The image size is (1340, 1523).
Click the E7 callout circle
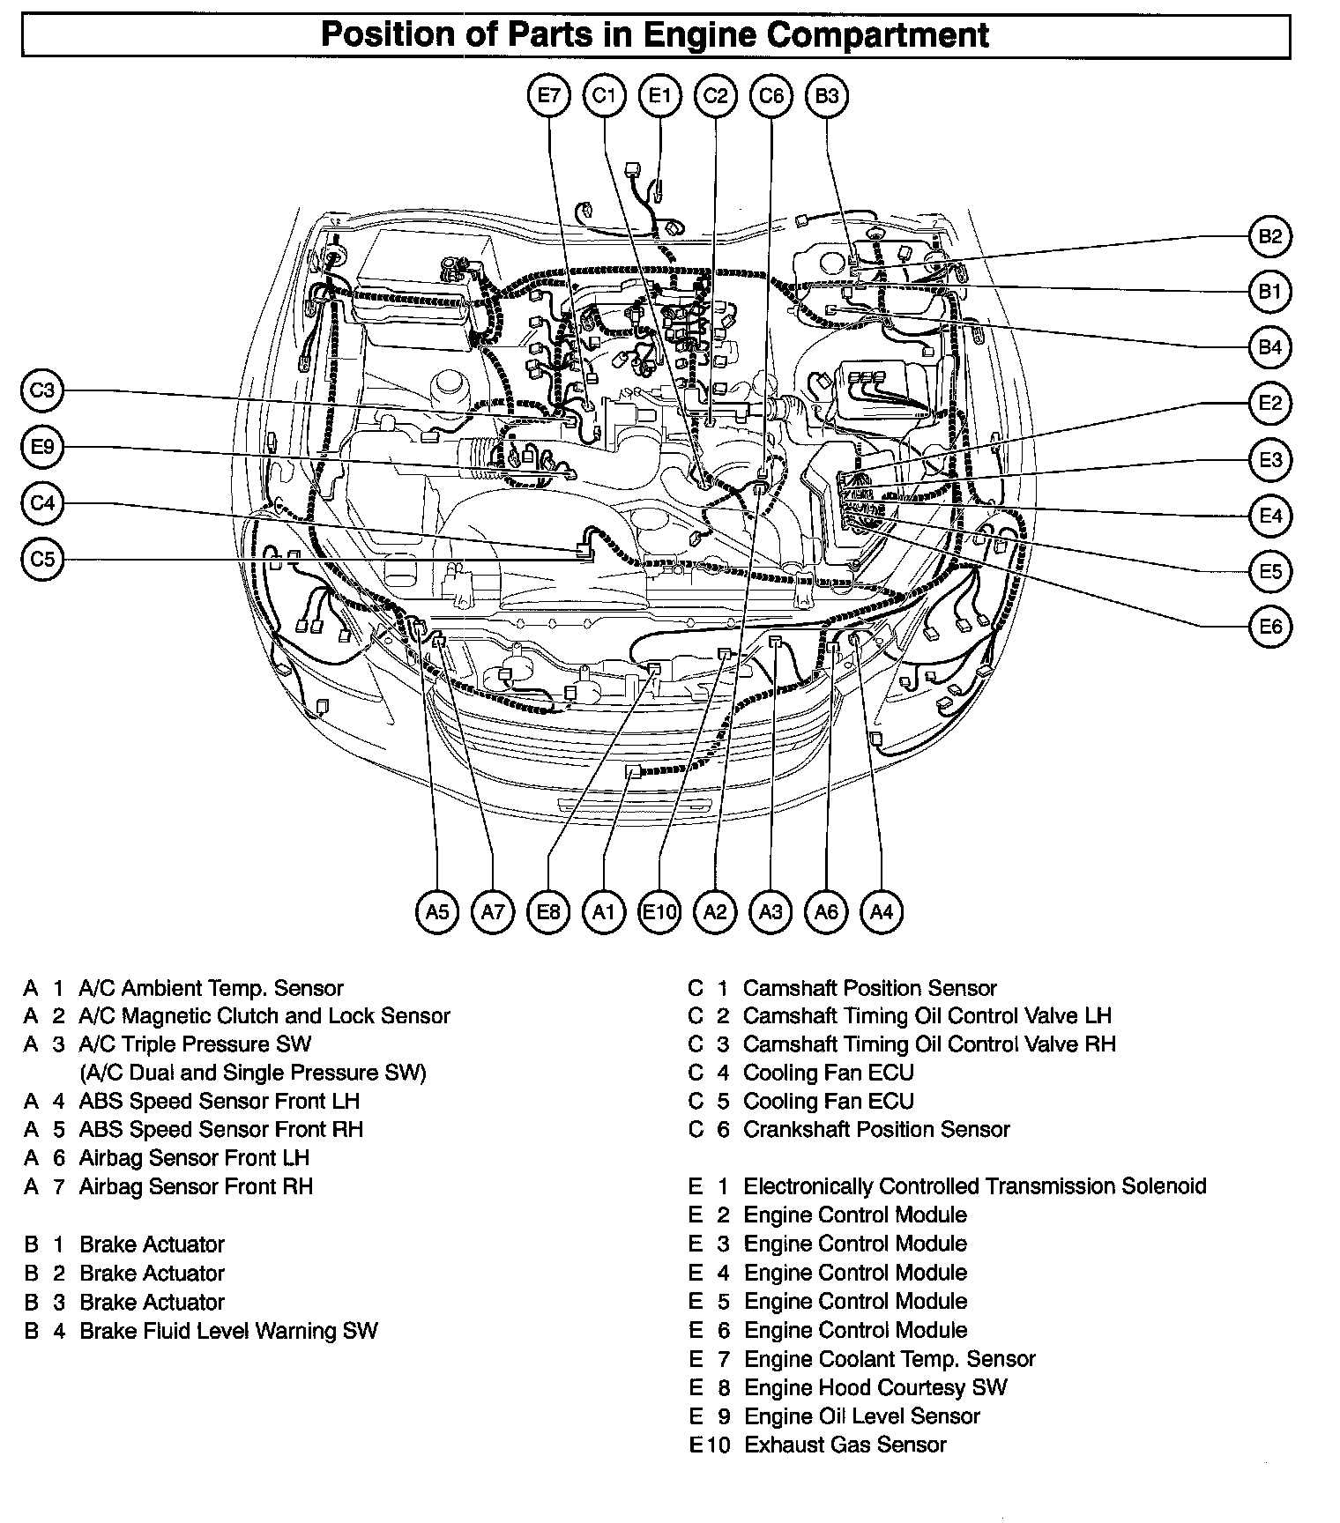pyautogui.click(x=549, y=95)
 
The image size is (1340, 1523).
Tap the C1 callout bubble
pyautogui.click(x=604, y=95)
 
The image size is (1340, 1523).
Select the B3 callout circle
pyautogui.click(x=827, y=95)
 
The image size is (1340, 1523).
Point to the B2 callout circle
pyautogui.click(x=1270, y=236)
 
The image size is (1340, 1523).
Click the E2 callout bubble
pyautogui.click(x=1270, y=404)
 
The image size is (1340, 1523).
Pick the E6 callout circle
pyautogui.click(x=1270, y=627)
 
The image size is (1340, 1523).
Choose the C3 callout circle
pyautogui.click(x=42, y=390)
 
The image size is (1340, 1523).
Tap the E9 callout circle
pyautogui.click(x=42, y=447)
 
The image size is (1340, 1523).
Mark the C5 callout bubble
pyautogui.click(x=42, y=559)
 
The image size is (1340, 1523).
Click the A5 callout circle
pyautogui.click(x=437, y=911)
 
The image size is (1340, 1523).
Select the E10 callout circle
pyautogui.click(x=659, y=911)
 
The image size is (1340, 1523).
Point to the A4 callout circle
pyautogui.click(x=882, y=911)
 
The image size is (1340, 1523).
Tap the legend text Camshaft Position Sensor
pyautogui.click(x=869, y=988)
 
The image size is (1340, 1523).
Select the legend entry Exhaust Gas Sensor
pyautogui.click(x=845, y=1445)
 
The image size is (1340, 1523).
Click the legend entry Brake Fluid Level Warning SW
pyautogui.click(x=228, y=1330)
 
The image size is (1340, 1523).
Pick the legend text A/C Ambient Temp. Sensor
pyautogui.click(x=211, y=988)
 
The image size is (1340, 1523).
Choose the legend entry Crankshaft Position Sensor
pyautogui.click(x=876, y=1129)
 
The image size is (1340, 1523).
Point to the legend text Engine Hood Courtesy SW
pyautogui.click(x=875, y=1387)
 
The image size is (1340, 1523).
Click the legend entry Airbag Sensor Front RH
pyautogui.click(x=196, y=1186)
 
